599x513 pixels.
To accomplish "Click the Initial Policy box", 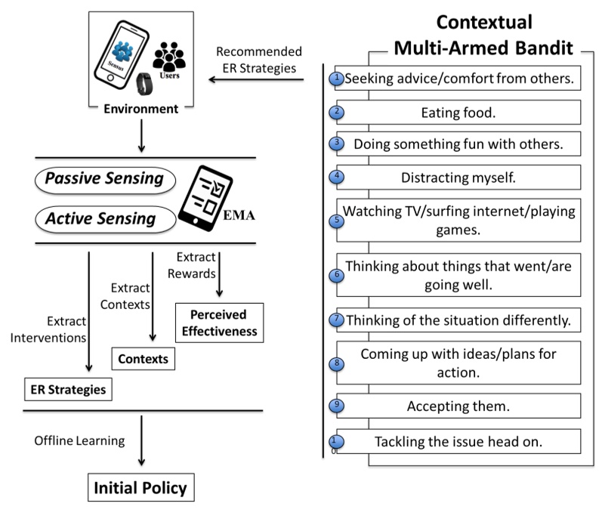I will pos(140,488).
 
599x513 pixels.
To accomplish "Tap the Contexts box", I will pos(143,357).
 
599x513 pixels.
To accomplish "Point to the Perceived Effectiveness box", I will pos(220,322).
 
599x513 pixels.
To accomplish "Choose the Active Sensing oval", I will pos(105,219).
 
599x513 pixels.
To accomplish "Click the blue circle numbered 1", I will pos(338,77).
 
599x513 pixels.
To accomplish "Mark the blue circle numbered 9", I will pos(338,405).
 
